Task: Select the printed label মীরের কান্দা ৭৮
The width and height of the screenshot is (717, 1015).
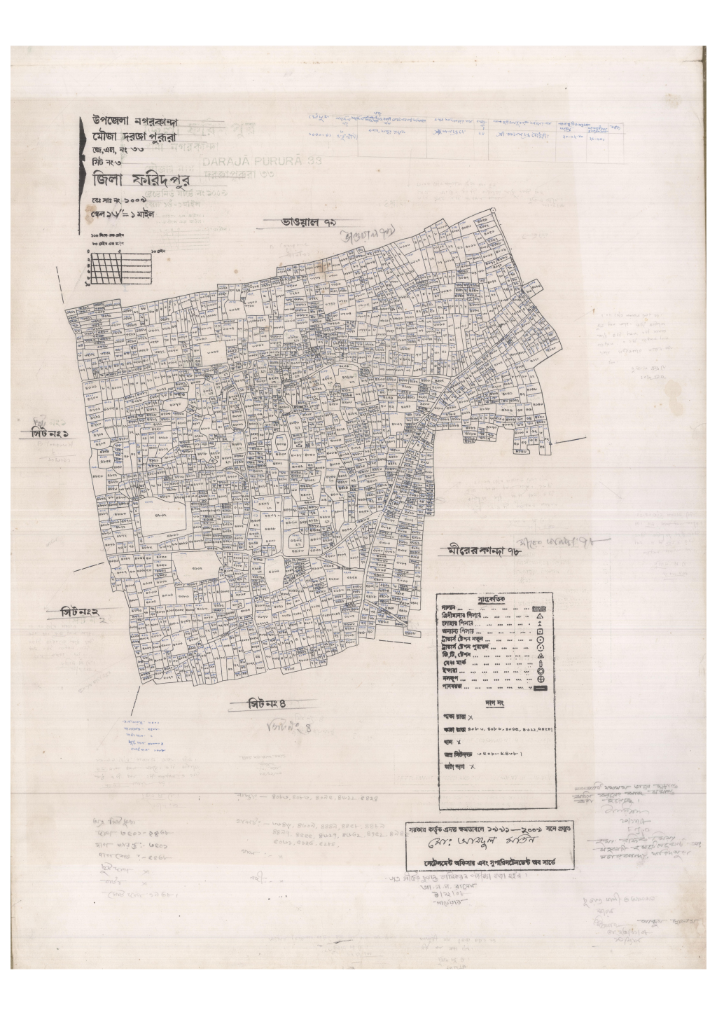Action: [485, 551]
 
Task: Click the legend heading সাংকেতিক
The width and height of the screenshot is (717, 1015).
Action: [496, 600]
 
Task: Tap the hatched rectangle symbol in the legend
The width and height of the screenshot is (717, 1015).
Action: [539, 609]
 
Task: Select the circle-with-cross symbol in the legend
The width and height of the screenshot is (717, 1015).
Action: [541, 679]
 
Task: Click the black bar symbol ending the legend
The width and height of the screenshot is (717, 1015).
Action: [539, 688]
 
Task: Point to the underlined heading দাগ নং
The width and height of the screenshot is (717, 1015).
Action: [494, 702]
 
